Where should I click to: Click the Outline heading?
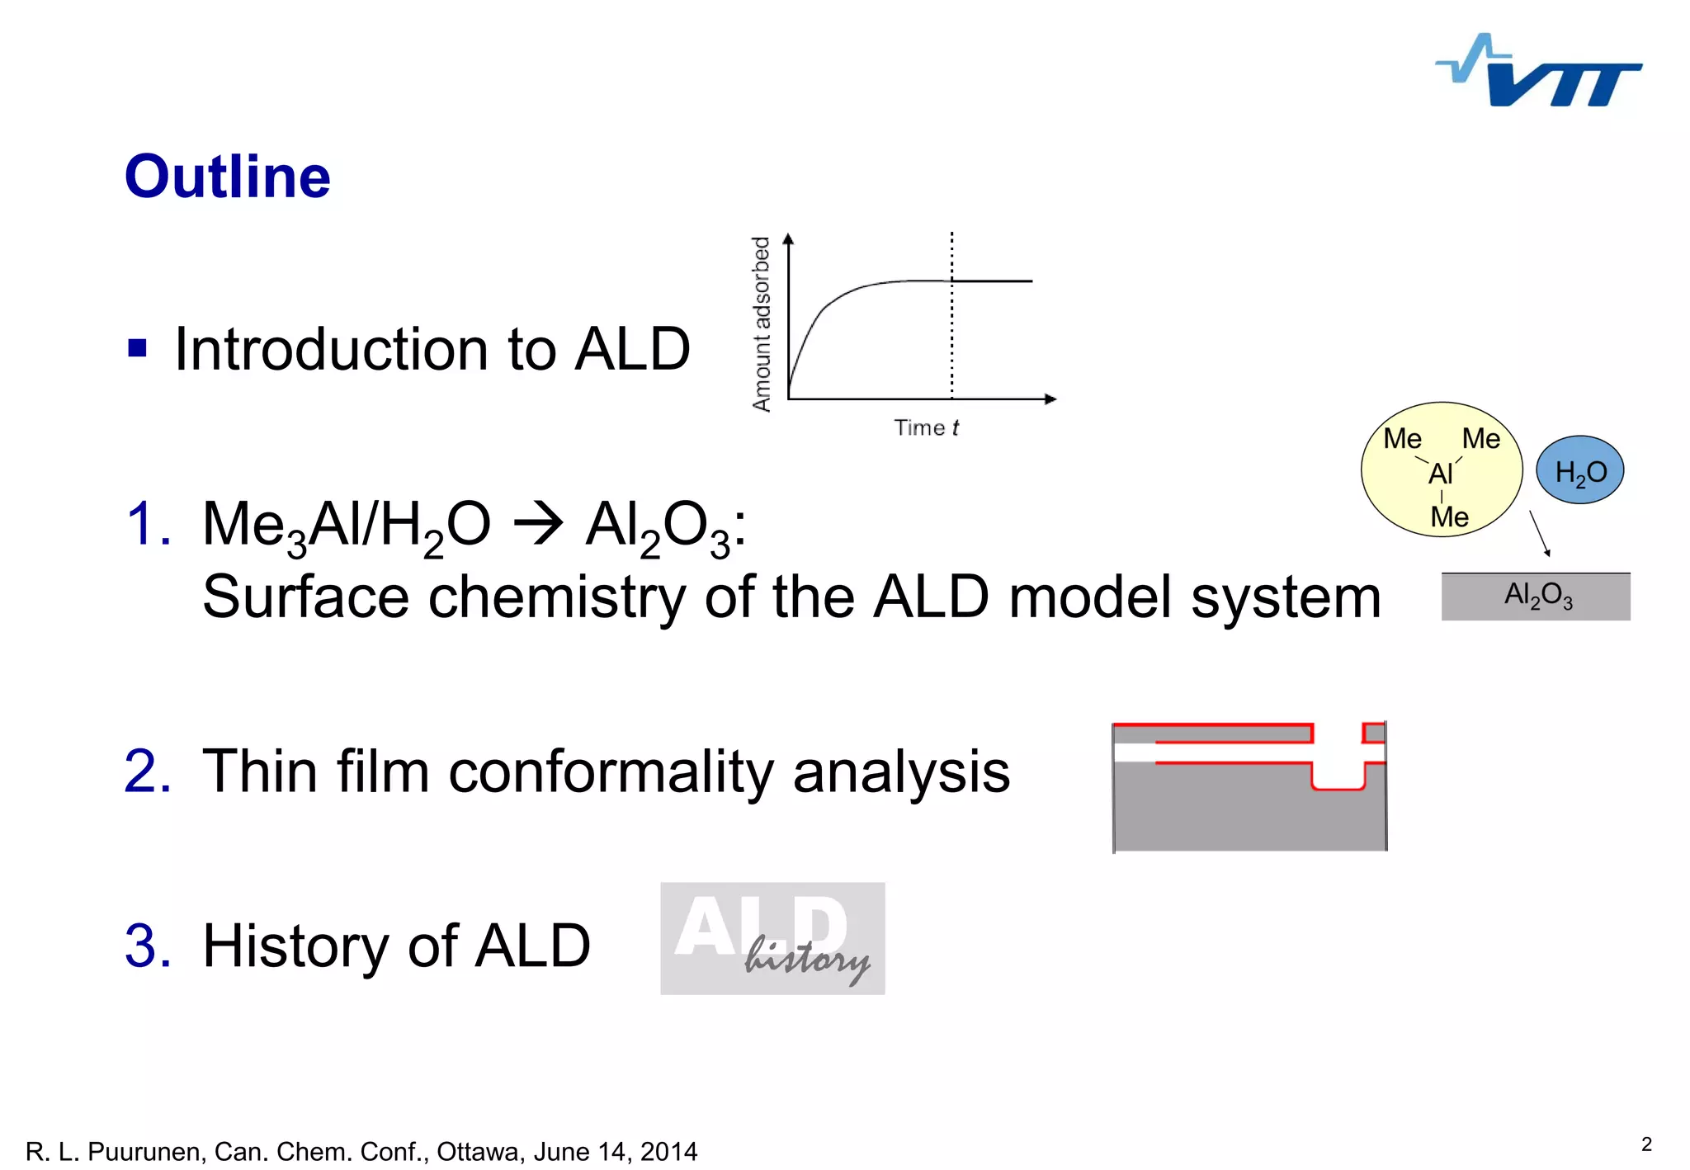click(227, 177)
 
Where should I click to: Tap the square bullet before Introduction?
click(137, 348)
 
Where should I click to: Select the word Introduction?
click(331, 349)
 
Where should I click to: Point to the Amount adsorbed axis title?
click(761, 323)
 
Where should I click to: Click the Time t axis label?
click(926, 427)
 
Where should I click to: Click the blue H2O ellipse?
click(1579, 470)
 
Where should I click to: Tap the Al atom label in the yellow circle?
click(1440, 474)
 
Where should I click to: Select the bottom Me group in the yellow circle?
click(1449, 517)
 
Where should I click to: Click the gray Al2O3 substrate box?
click(1536, 596)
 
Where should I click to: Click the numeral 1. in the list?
click(149, 523)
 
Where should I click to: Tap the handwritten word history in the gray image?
click(806, 960)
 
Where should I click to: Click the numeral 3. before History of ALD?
click(149, 946)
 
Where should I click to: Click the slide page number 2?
click(1646, 1144)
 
